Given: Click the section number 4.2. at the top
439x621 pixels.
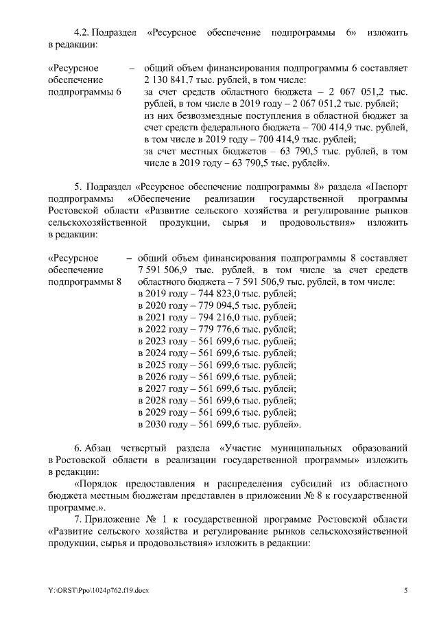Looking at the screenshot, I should (x=83, y=33).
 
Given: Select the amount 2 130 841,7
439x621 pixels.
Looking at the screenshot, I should (x=169, y=80).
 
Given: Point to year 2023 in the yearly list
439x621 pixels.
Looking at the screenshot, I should (x=157, y=342).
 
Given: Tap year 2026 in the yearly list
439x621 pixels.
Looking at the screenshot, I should (x=157, y=377).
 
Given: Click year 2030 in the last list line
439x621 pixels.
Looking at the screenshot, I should (x=157, y=425).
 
